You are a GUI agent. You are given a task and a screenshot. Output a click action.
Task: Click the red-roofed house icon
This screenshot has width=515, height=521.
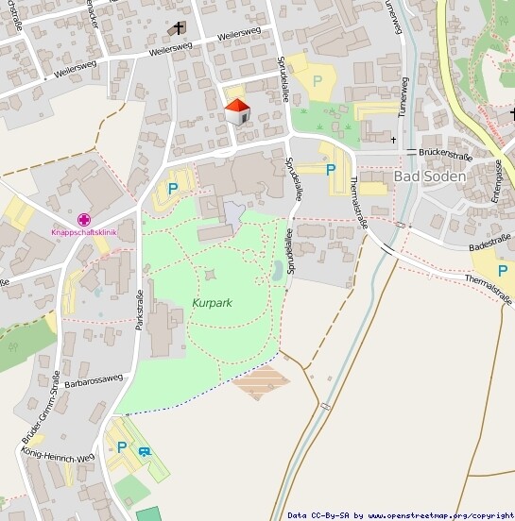237,111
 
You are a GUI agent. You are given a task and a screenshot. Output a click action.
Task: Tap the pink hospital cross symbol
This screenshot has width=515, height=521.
84,219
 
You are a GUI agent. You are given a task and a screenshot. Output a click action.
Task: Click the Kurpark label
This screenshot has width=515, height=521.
212,303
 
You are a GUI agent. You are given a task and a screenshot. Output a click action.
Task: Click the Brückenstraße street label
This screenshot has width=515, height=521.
446,151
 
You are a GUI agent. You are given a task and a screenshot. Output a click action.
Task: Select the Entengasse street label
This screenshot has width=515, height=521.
498,181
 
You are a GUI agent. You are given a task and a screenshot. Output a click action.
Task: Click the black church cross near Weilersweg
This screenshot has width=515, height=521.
179,29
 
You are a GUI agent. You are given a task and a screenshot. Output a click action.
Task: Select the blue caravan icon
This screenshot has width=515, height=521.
144,451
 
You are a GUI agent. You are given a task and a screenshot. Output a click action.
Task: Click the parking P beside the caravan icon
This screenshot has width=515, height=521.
122,446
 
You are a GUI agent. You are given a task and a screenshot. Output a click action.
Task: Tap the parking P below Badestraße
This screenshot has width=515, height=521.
503,270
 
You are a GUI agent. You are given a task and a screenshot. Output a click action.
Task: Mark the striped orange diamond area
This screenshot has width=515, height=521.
261,383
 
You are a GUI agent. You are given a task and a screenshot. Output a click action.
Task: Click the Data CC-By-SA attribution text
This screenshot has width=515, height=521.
401,515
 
